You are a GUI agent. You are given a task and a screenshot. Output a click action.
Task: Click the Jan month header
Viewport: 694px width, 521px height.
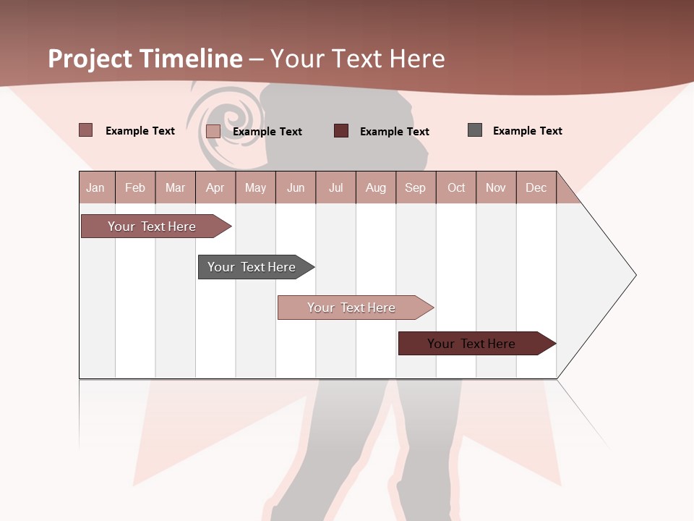(96, 187)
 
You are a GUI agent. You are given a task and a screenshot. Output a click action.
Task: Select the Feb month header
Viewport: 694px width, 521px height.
(135, 187)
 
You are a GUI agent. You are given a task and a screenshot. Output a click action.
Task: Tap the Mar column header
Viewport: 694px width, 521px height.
(175, 187)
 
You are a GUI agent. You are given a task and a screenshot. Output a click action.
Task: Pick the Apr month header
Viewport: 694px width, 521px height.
(215, 187)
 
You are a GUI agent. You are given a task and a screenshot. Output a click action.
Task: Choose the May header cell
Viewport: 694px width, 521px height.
(255, 187)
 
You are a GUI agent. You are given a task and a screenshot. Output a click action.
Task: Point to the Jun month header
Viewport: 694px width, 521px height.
(296, 187)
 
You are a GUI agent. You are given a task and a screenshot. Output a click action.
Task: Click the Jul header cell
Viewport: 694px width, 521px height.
(335, 187)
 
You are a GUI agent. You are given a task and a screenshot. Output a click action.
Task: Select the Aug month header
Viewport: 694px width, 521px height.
(376, 187)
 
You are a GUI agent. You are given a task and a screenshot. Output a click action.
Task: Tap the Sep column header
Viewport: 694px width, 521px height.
(416, 187)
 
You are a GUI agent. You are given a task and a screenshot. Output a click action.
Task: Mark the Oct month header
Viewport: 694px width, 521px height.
(456, 187)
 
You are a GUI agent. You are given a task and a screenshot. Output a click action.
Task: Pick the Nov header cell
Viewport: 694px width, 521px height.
(496, 187)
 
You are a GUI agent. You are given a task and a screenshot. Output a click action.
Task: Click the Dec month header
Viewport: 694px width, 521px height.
(536, 187)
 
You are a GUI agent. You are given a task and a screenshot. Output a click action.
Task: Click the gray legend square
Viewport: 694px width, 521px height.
(475, 130)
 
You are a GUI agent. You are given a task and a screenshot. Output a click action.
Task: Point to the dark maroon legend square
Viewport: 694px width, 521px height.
(341, 131)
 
